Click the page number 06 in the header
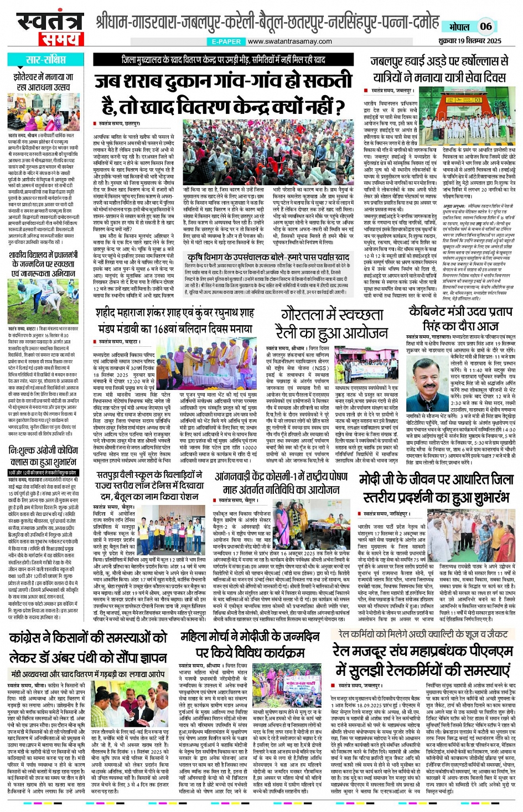pyautogui.click(x=485, y=26)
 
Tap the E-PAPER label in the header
pyautogui.click(x=226, y=41)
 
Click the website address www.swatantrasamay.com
pyautogui.click(x=289, y=41)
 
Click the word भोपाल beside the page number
pyautogui.click(x=459, y=27)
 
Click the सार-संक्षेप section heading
pyautogui.click(x=45, y=60)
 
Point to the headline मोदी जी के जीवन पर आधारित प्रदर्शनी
pyautogui.click(x=436, y=488)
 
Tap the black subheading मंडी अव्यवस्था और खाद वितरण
pyautogui.click(x=88, y=674)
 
